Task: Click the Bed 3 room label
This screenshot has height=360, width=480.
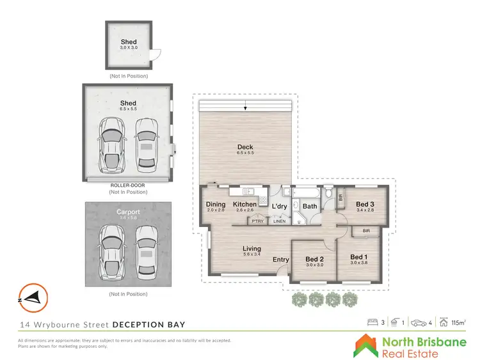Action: (x=366, y=204)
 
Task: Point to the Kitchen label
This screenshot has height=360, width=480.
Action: (x=245, y=204)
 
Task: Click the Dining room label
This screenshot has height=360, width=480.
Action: (x=216, y=204)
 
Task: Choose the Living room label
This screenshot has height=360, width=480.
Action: (x=252, y=248)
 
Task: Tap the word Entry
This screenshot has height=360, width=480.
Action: (x=281, y=259)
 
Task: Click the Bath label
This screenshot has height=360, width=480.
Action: (x=310, y=206)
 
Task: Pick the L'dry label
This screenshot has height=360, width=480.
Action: (x=280, y=206)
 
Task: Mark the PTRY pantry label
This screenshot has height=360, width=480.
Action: (x=258, y=221)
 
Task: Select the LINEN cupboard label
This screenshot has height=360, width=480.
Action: (x=280, y=221)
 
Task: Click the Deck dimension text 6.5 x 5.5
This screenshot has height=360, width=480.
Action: (x=246, y=153)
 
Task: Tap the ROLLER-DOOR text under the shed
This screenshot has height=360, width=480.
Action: (x=128, y=185)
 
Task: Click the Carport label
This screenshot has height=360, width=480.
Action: (x=128, y=212)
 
